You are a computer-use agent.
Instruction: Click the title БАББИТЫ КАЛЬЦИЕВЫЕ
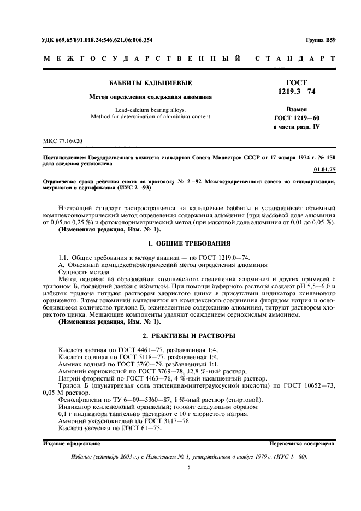coord(143,83)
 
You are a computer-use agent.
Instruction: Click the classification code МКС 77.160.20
coord(63,141)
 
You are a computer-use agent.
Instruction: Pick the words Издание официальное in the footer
coord(72,444)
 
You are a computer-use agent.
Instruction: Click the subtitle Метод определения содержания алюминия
coord(143,97)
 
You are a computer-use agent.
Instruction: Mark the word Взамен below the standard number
coord(297,109)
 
